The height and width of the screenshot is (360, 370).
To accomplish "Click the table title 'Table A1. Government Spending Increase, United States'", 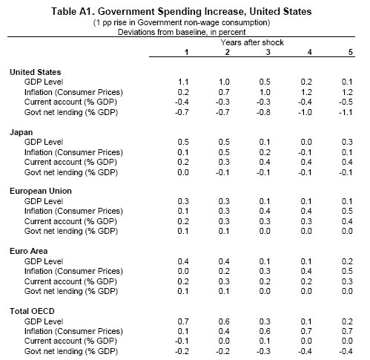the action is tap(182, 11).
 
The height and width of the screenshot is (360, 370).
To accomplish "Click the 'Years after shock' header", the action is tap(252, 42).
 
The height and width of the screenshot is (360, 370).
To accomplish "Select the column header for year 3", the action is tap(268, 52).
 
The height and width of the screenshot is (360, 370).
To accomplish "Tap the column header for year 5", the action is tap(350, 52).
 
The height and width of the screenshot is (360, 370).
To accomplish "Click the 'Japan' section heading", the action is tap(21, 132).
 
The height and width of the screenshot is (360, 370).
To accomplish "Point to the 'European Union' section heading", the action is tap(41, 191).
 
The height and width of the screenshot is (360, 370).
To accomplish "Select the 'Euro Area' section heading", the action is tap(28, 251).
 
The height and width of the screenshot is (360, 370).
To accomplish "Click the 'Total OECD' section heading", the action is tap(32, 311).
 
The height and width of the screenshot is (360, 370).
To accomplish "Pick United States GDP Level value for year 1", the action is tap(183, 82).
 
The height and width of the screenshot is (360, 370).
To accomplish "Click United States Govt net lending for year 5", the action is tap(346, 112).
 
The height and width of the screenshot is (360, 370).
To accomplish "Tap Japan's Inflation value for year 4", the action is tap(305, 152).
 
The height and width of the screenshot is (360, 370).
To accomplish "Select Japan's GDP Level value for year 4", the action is tap(306, 142).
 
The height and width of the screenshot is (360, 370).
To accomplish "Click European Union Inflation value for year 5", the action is tap(347, 211).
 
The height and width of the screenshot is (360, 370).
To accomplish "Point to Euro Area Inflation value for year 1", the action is tap(183, 271).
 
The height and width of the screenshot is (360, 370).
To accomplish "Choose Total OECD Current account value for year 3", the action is tap(265, 341).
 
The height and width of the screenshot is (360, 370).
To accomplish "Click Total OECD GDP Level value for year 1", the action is tap(183, 321).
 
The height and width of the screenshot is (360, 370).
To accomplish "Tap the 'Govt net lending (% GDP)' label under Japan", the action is tap(71, 172).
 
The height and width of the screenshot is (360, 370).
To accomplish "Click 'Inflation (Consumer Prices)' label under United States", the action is tap(73, 92).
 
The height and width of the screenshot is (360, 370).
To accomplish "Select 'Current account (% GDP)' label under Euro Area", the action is tap(70, 281).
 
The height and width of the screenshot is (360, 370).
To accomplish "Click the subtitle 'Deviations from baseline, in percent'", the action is tap(182, 32).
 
